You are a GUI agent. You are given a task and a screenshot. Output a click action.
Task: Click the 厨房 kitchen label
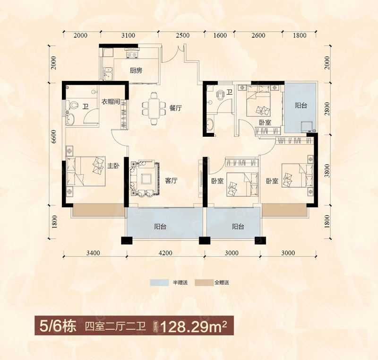(136, 70)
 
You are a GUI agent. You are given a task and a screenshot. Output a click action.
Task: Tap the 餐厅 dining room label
(175, 108)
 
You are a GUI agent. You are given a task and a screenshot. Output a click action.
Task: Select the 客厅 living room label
(172, 180)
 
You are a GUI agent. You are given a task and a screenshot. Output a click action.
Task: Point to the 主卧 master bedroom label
(113, 166)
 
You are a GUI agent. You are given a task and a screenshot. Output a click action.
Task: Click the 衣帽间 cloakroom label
(111, 101)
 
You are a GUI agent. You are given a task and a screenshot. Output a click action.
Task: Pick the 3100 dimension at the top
(128, 35)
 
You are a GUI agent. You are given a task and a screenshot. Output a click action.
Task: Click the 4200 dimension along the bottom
(165, 253)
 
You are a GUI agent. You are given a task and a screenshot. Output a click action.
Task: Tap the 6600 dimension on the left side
(53, 137)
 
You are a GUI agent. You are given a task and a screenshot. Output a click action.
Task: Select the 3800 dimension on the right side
(327, 171)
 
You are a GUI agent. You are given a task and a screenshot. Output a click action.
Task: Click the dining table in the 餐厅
(154, 109)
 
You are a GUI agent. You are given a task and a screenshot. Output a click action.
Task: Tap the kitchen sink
(108, 74)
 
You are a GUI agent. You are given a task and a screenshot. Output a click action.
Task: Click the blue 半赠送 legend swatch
(159, 282)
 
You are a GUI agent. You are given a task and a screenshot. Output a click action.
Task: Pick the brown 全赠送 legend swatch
(204, 282)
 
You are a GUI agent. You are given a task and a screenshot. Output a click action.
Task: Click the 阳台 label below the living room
(160, 227)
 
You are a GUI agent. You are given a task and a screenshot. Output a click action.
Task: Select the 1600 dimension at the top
(220, 35)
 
